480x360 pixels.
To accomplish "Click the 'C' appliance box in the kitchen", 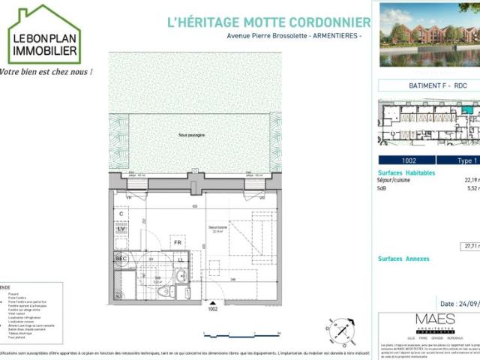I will click(121, 214).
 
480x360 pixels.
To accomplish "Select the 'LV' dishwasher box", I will click(121, 228).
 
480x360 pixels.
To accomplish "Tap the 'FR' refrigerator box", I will click(178, 243).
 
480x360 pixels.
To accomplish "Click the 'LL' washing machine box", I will click(180, 259).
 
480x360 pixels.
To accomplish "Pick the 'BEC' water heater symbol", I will click(121, 259).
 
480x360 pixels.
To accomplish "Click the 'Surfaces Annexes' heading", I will click(403, 259).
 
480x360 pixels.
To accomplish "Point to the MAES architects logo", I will click(435, 322).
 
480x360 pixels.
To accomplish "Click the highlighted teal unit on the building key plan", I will click(467, 110).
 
